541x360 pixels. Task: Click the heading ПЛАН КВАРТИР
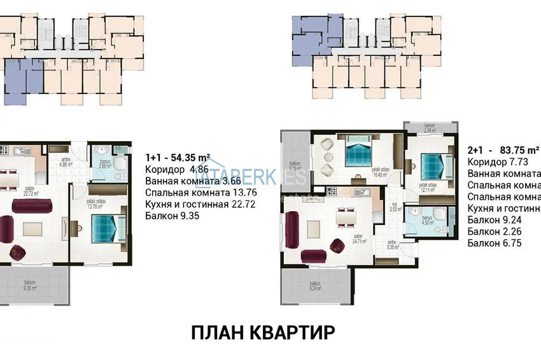262,333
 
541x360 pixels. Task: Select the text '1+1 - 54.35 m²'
179,157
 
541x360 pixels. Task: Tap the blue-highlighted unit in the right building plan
308,31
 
